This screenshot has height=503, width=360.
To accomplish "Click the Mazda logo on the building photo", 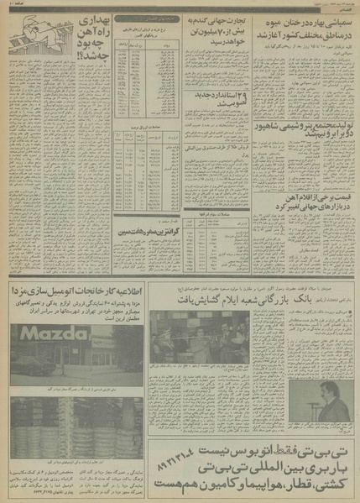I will pos(65,318).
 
